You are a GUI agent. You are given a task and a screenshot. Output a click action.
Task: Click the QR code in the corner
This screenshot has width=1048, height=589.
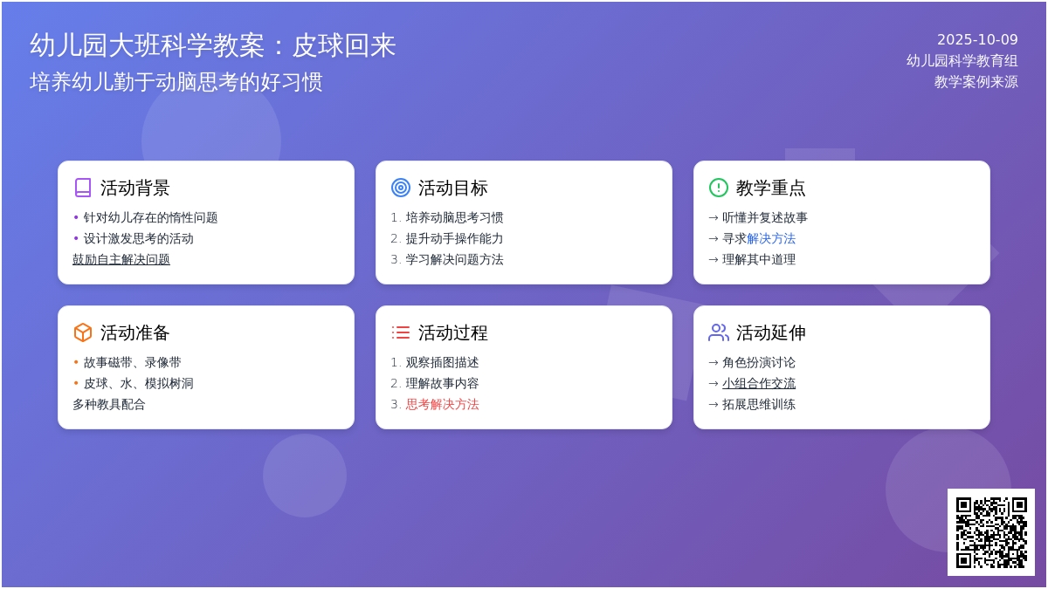point(990,531)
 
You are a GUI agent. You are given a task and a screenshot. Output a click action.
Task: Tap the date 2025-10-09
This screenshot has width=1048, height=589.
point(977,39)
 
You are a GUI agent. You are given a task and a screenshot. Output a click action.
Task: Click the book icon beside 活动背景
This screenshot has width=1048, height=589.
point(83,188)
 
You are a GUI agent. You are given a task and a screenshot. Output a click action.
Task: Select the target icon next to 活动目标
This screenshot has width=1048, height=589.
point(401,188)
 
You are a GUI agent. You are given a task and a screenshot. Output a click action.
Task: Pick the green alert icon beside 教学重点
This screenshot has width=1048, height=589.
point(719,188)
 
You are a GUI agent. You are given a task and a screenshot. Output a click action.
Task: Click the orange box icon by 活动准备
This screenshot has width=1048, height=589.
point(83,332)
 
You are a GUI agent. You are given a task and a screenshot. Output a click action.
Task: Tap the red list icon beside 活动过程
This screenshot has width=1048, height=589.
point(401,332)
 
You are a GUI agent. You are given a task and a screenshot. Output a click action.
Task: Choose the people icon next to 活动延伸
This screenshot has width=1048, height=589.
point(719,332)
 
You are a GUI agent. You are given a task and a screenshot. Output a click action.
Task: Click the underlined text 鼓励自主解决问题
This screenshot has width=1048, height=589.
point(121,259)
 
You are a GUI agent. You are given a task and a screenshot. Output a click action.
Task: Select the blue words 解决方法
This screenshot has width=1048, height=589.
point(771,238)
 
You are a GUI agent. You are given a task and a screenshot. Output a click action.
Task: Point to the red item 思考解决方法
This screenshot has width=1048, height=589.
point(443,404)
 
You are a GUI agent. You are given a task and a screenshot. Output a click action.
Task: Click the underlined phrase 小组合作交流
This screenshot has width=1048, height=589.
point(759,383)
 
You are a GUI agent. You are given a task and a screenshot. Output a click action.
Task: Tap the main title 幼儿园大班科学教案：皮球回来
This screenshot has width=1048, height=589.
point(213,45)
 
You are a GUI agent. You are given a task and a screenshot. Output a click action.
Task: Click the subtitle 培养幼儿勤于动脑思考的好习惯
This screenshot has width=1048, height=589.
point(176,82)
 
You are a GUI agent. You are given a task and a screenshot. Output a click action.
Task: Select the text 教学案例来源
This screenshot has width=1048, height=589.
point(976,81)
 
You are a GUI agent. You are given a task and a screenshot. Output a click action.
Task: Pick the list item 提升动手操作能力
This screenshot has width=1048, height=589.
point(454,238)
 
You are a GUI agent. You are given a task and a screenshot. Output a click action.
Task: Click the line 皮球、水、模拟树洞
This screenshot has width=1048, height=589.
point(138,383)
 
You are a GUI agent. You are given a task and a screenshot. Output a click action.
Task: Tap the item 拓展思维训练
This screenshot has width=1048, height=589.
point(759,404)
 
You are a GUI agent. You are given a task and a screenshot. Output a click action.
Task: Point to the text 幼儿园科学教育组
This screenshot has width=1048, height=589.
point(962,60)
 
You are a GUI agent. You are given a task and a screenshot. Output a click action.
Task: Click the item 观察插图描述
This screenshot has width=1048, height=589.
point(442,362)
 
